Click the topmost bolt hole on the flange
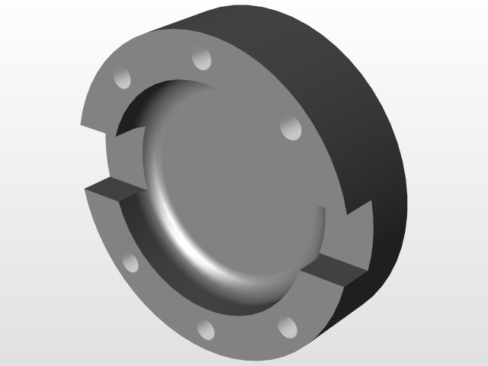tap(201, 59)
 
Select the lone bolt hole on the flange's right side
tap(291, 129)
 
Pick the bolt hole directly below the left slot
tap(130, 263)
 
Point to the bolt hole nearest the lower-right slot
tap(287, 326)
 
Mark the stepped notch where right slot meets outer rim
tap(357, 217)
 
